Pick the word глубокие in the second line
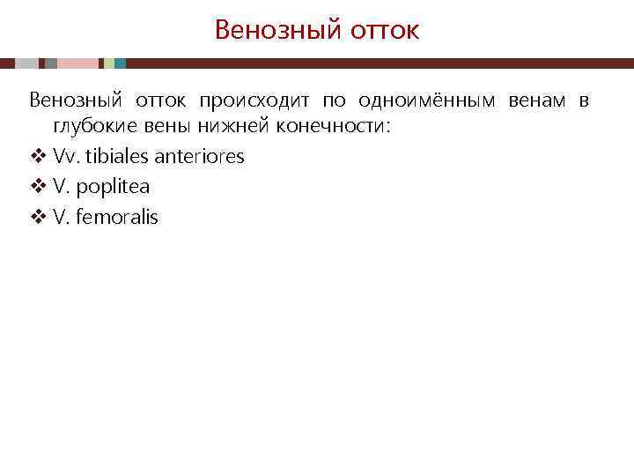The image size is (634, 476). (92, 127)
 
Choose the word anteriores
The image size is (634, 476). (199, 157)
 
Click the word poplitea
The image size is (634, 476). (113, 187)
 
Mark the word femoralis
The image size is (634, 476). (117, 217)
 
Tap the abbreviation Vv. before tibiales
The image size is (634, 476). (66, 157)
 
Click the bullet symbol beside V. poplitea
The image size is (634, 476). (37, 187)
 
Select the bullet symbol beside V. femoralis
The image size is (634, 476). (37, 217)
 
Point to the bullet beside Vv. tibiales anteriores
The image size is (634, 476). (37, 157)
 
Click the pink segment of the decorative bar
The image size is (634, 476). (77, 63)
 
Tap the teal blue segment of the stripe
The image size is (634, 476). (120, 63)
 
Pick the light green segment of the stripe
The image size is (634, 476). (108, 63)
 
